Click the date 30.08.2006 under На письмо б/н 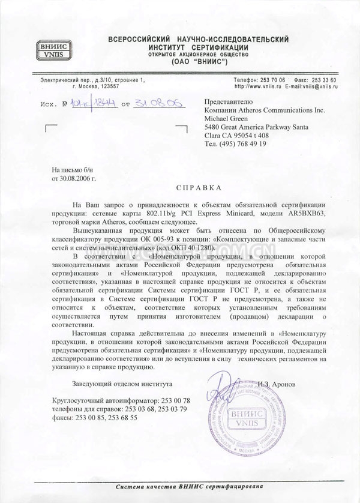[73, 178]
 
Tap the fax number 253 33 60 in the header [324, 80]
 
